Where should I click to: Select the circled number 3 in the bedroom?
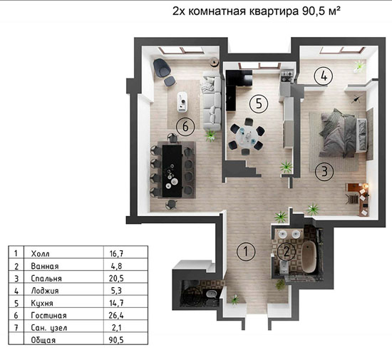click(323, 170)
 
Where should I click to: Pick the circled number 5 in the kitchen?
click(259, 103)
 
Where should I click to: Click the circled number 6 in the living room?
click(185, 126)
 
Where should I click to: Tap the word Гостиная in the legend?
click(50, 315)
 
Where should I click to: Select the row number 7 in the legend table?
click(15, 327)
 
